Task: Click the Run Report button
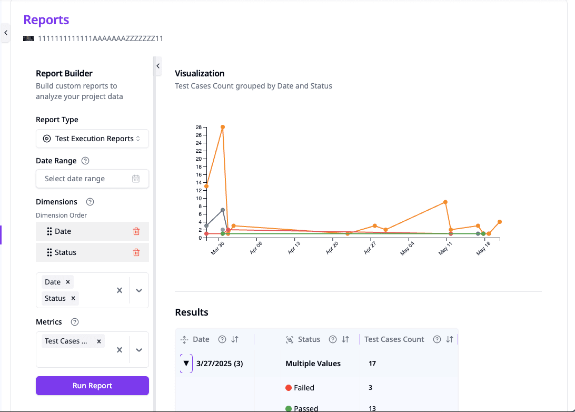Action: click(92, 386)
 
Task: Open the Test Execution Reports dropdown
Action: click(92, 139)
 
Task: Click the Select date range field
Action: click(92, 179)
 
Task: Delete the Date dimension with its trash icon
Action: click(136, 231)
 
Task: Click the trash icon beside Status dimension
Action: click(136, 252)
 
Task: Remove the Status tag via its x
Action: click(73, 298)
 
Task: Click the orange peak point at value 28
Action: click(223, 127)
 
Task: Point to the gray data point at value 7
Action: click(223, 210)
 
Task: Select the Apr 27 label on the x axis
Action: click(370, 248)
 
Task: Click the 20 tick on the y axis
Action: click(199, 159)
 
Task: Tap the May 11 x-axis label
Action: click(445, 248)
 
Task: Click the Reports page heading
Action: click(46, 20)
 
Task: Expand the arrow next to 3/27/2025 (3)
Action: click(186, 364)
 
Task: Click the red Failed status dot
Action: click(289, 388)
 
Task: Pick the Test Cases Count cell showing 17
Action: click(372, 364)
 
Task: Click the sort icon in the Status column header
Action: click(345, 339)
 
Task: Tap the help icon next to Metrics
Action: click(75, 322)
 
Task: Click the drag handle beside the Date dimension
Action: click(49, 231)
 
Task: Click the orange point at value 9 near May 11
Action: click(445, 202)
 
